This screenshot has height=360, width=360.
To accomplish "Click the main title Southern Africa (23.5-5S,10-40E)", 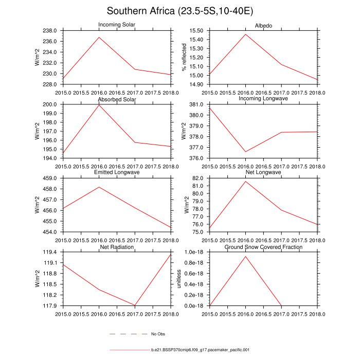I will [179, 11].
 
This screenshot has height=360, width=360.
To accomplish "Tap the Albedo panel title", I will [263, 26].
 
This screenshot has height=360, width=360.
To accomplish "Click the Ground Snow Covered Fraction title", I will [263, 247].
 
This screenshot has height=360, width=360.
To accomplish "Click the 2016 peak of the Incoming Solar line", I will [99, 37].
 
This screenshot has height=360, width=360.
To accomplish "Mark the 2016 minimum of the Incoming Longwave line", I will [246, 152].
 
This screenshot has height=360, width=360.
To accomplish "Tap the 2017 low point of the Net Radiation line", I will [135, 305].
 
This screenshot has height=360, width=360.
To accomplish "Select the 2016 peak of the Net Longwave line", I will [246, 181].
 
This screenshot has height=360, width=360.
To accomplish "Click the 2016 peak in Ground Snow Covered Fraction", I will [246, 256].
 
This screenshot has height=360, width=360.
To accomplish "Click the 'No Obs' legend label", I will [158, 334].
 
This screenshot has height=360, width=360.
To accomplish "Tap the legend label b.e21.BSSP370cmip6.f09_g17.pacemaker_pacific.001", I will [201, 350].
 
